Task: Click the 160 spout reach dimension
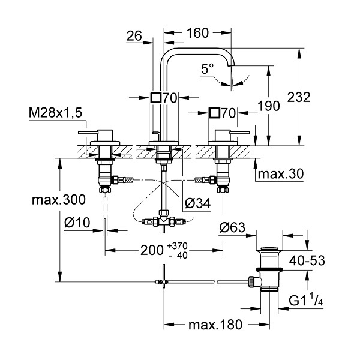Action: pos(197,33)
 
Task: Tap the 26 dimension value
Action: pos(134,36)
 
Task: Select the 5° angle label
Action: pos(207,68)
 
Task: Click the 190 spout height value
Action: pos(269,106)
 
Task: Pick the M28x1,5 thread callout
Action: pos(55,113)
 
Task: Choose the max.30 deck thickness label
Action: pos(281,174)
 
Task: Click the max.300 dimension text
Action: pos(59,200)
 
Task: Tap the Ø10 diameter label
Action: pos(77,223)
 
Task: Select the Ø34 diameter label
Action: pos(197,203)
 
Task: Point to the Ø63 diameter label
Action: pos(232,227)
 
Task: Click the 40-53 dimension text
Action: pos(307,260)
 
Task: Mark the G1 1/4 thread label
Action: pos(305,301)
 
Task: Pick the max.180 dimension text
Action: pos(215,325)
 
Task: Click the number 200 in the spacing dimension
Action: pos(152,250)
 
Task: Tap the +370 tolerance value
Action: pos(177,246)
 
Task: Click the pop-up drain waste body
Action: pos(269,270)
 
